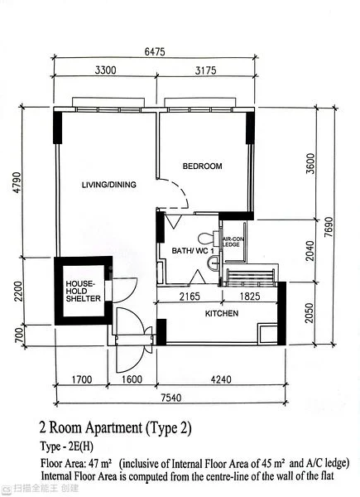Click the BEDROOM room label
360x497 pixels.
tap(202, 166)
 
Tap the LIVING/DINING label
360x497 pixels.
tap(109, 185)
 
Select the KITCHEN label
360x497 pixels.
tap(222, 313)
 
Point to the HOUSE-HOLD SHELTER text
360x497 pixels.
tap(84, 291)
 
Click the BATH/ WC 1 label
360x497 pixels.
tap(193, 251)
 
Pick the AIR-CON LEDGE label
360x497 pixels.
tap(233, 242)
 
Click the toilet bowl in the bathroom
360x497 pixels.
tap(209, 238)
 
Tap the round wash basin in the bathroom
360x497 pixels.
tap(214, 263)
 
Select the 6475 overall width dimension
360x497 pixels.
tap(155, 51)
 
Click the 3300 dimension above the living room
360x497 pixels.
tap(105, 70)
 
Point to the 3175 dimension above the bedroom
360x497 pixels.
tap(206, 70)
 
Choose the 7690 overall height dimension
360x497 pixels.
tap(329, 227)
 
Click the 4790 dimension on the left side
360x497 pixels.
tap(17, 182)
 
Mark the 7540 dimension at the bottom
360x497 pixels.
tap(171, 398)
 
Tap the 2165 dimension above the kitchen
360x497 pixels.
tap(190, 297)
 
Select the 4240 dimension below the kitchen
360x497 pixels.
tap(221, 379)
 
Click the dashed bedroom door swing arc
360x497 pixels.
tap(180, 189)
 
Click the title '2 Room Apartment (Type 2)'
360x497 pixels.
tap(115, 428)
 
